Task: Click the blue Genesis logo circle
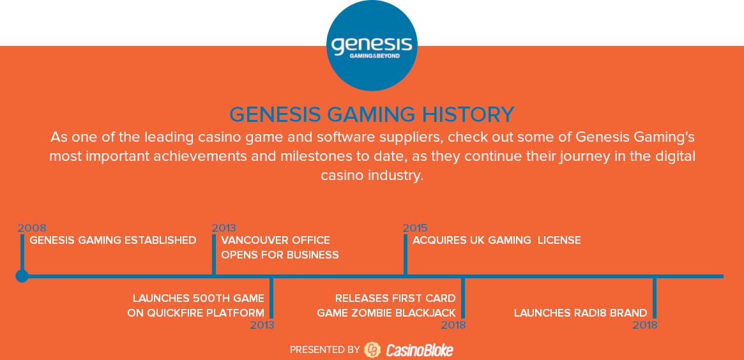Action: coord(372,45)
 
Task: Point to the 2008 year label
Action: coord(32,228)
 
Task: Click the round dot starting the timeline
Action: coord(22,276)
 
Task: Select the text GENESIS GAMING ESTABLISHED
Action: coord(113,240)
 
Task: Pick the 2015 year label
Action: coord(415,228)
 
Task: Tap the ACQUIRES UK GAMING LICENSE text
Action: coord(497,240)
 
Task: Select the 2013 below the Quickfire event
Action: coord(262,326)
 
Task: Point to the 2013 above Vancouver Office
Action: coord(224,228)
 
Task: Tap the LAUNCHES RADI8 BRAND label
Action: coord(581,313)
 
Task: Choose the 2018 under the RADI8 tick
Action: coord(645,326)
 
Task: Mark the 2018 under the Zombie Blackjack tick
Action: coord(453,326)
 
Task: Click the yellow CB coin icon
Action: coord(372,350)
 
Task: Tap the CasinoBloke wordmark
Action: coord(420,350)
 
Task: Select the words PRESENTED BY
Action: coord(325,350)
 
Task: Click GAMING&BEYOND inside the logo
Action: coord(374,56)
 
